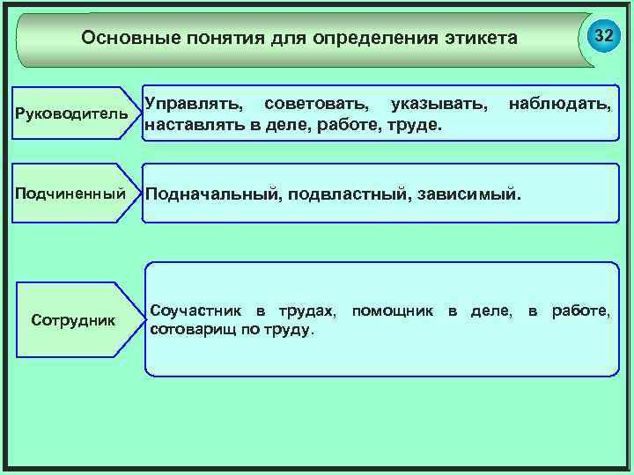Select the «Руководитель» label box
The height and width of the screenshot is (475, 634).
72,115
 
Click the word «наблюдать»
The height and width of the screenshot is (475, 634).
559,106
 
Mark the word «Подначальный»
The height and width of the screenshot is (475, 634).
211,193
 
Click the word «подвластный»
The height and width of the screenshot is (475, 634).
346,193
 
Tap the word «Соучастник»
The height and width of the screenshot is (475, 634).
195,311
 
